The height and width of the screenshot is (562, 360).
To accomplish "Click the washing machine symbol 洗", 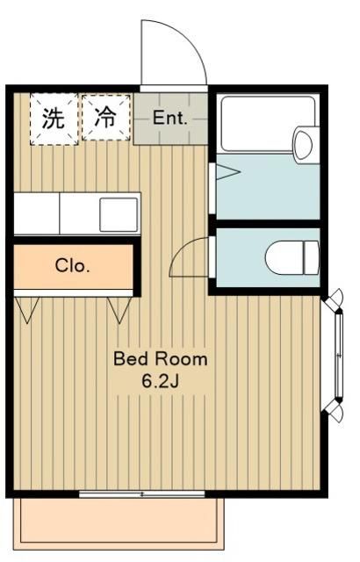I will [54, 119].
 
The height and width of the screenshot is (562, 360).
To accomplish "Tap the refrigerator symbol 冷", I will [105, 119].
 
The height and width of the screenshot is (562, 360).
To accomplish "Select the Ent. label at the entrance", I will [170, 119].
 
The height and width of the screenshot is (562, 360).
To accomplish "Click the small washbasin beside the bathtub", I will [304, 143].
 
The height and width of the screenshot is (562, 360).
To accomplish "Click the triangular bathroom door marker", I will [225, 172].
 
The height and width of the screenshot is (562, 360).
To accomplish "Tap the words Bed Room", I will [160, 358].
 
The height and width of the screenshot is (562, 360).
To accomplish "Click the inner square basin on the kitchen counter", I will [118, 213].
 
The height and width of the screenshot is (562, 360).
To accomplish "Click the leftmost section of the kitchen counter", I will [36, 213].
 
